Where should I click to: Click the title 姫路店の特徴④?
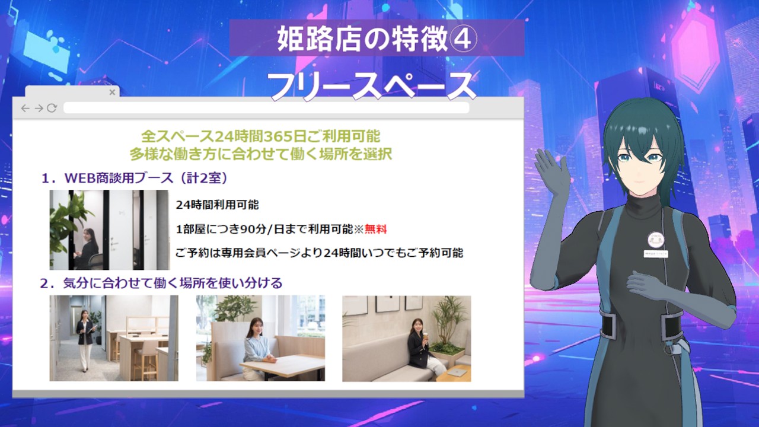tap(377, 39)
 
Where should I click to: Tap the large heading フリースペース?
tap(372, 86)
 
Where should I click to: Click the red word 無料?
tap(375, 229)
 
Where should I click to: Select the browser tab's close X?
tap(112, 93)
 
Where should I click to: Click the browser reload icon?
tap(52, 109)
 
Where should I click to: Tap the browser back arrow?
tap(25, 109)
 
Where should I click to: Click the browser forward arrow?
tap(38, 109)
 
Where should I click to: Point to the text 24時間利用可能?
tap(217, 205)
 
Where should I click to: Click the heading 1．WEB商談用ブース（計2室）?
tap(135, 177)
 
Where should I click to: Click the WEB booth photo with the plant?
tap(109, 230)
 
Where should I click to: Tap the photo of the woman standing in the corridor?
tap(113, 338)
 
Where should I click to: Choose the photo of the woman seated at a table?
tap(260, 338)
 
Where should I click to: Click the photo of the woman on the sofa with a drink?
tap(406, 338)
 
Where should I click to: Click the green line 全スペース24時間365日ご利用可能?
tap(261, 136)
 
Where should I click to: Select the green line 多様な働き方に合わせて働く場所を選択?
tap(261, 154)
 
